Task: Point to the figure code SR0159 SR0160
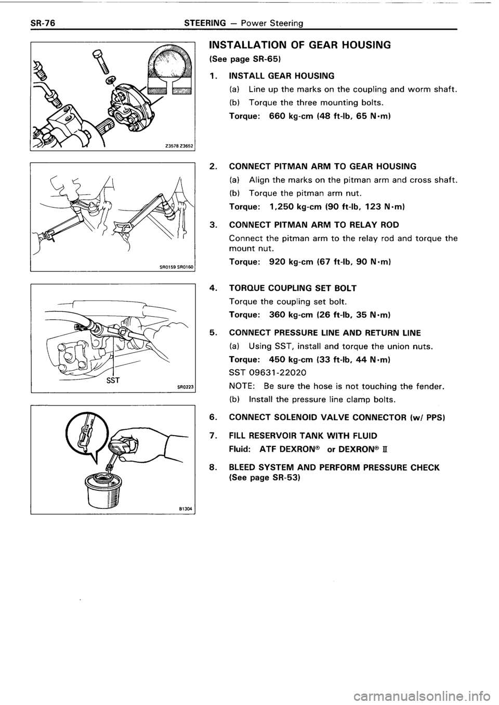177,267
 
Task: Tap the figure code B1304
185,508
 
